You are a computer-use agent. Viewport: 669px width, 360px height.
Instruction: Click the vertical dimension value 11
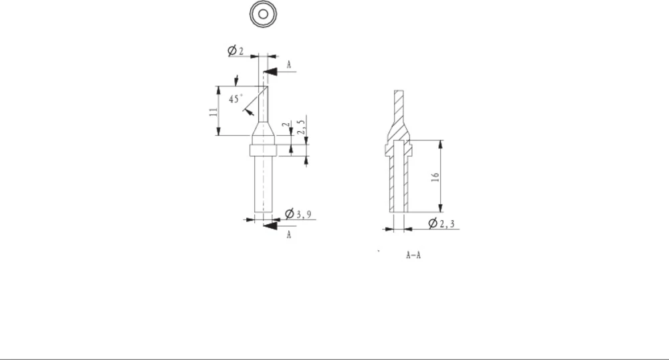tap(212, 111)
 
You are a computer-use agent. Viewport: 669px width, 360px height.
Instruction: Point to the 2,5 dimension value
tap(302, 126)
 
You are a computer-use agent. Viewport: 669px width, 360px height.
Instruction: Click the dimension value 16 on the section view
tap(435, 177)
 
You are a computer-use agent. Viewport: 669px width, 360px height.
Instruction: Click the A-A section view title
tap(413, 256)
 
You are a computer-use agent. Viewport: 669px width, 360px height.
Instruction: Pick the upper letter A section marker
tap(289, 64)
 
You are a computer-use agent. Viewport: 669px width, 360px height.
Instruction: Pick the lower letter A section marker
tap(289, 236)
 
